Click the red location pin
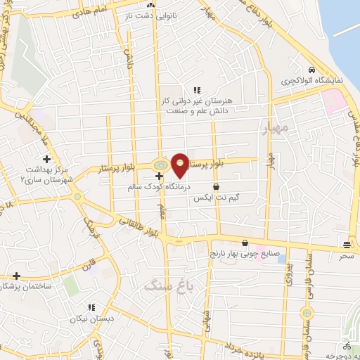(181, 165)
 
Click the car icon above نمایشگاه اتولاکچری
(310, 70)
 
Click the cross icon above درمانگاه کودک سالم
(159, 175)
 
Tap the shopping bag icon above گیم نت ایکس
(214, 187)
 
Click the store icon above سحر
(347, 245)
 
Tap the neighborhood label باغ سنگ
(162, 285)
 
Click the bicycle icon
(347, 347)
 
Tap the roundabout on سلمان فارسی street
(306, 312)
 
